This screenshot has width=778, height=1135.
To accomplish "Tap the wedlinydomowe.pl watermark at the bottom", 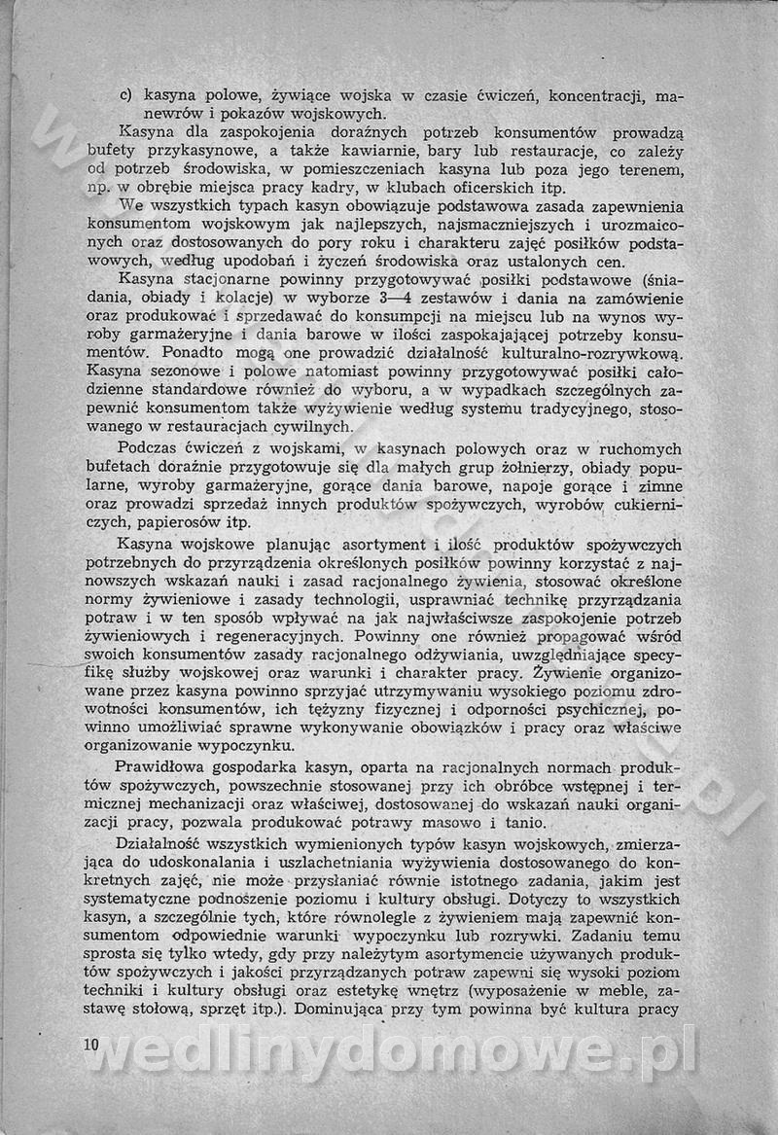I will pyautogui.click(x=394, y=1051).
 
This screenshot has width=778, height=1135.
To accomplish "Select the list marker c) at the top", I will pyautogui.click(x=126, y=96).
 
